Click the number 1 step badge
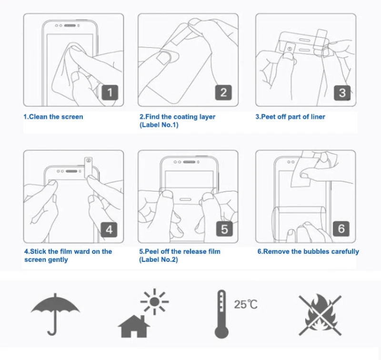coord(110,93)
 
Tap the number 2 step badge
coord(223,93)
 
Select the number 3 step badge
coord(342,93)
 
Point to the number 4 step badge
coord(109,230)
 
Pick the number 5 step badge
coord(224,229)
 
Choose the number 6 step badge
coord(341,229)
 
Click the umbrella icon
coord(55,314)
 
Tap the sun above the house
coord(154,302)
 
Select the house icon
coord(134,326)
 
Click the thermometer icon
coord(221,314)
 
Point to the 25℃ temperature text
coord(245,305)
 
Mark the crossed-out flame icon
coord(320,315)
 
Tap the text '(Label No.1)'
coord(159,125)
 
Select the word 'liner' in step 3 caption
coord(318,117)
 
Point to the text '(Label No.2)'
coord(159,260)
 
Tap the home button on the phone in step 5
coord(185,199)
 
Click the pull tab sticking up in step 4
coord(88,167)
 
